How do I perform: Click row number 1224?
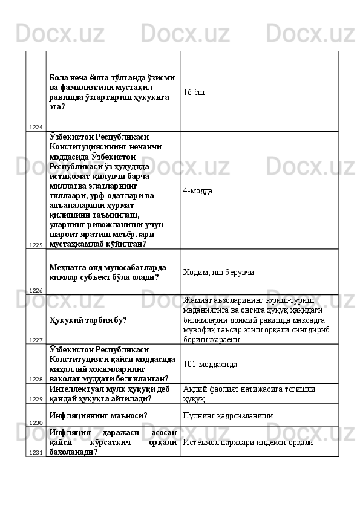click(x=35, y=127)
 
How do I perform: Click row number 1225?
click(x=35, y=245)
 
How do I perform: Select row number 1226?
click(x=35, y=291)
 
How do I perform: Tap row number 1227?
click(x=35, y=340)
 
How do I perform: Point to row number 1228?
click(x=35, y=379)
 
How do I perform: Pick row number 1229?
click(x=35, y=400)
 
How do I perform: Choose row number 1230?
click(x=35, y=423)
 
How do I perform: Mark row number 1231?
click(x=35, y=452)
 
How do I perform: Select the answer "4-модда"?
click(x=197, y=190)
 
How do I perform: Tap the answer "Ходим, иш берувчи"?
click(x=218, y=273)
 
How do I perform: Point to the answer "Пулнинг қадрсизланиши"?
click(x=227, y=415)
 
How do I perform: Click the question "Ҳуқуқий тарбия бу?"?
click(x=88, y=320)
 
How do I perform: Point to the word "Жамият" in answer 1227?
click(x=196, y=300)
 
